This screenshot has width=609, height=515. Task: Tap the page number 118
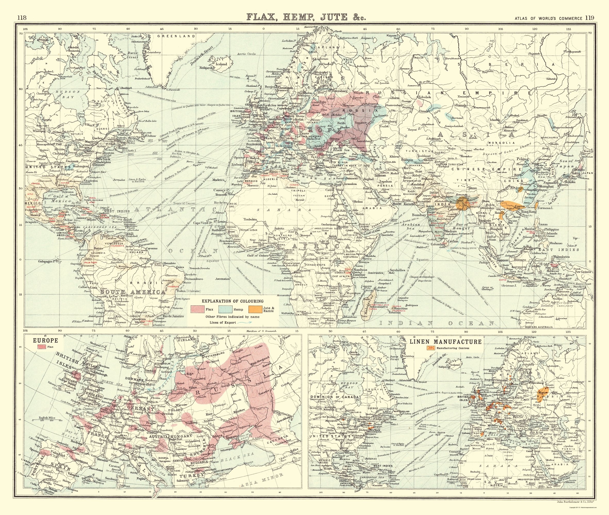22,18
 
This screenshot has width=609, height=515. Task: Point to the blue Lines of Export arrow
245,323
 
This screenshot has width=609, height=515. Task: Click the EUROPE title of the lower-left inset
45,340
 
